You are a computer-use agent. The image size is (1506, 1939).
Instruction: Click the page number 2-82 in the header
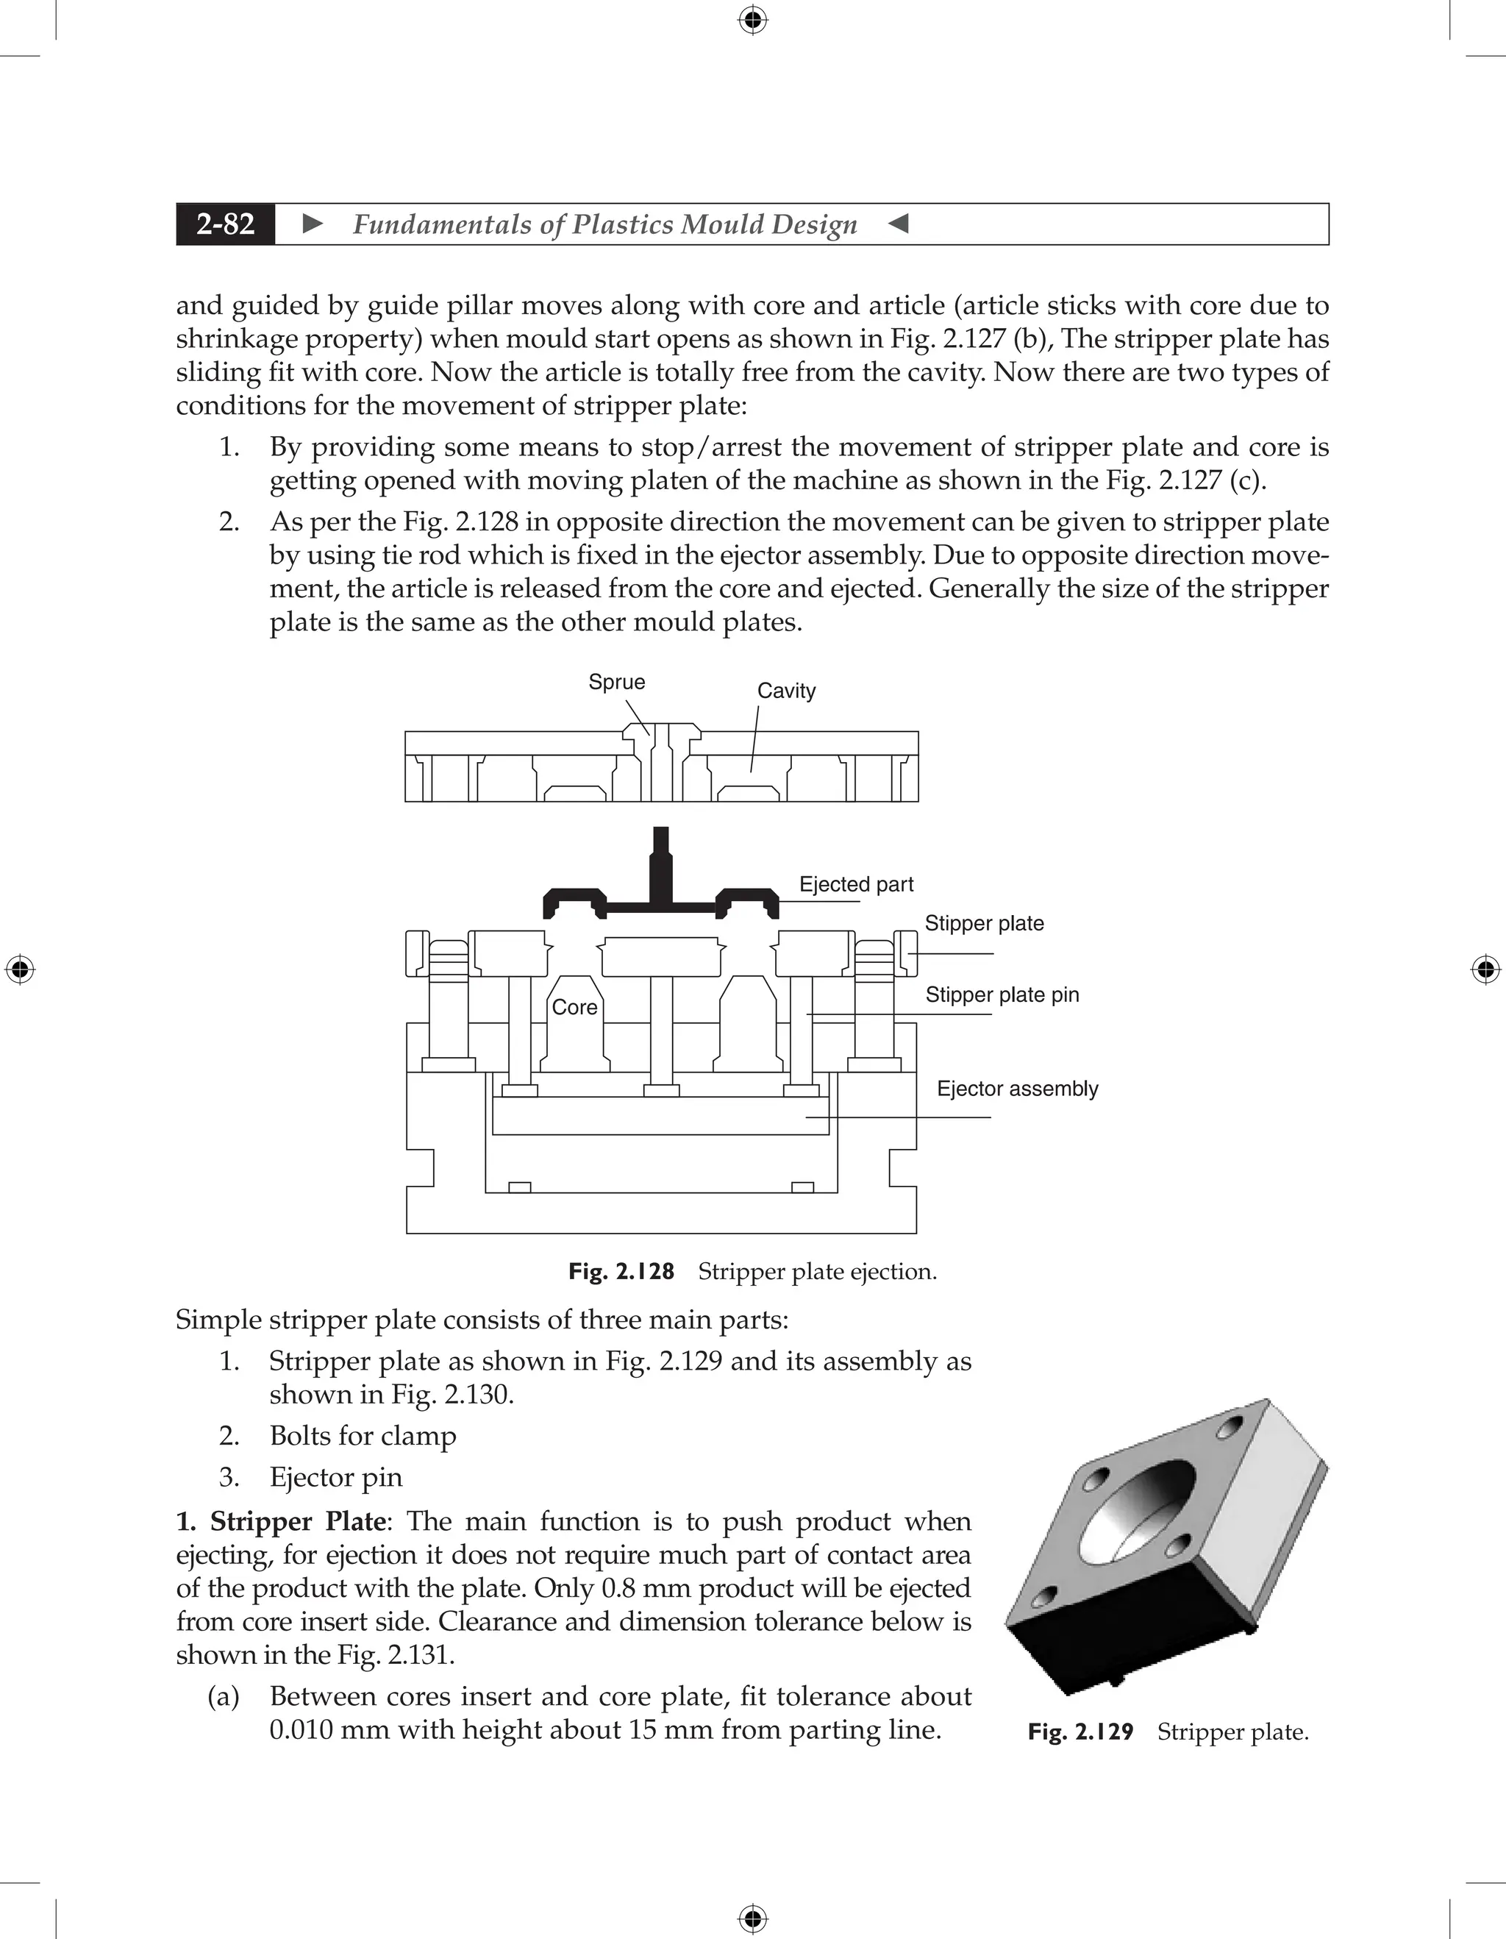click(226, 224)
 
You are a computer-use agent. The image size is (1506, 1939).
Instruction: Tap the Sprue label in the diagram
click(617, 682)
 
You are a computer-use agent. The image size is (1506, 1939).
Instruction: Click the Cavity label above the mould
click(786, 691)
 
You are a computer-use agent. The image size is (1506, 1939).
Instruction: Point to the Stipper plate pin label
click(1002, 995)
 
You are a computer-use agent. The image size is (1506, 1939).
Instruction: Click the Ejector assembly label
click(1017, 1089)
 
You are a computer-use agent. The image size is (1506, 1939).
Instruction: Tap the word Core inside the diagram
click(574, 1007)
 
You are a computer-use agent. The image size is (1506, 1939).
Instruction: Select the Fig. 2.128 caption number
click(621, 1271)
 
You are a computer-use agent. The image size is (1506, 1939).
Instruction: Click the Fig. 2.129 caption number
click(1080, 1732)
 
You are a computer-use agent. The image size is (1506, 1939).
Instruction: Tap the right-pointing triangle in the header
click(313, 224)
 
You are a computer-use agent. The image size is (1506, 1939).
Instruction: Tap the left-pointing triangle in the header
click(898, 224)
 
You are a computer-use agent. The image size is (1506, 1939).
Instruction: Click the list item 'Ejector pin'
click(335, 1477)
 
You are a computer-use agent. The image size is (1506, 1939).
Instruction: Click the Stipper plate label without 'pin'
click(984, 923)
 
